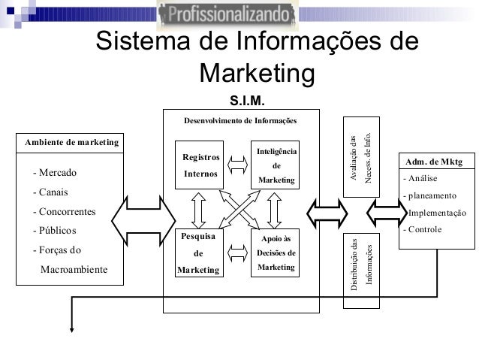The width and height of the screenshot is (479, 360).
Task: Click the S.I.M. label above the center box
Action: click(247, 99)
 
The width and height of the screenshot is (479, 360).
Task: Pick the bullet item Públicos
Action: click(56, 231)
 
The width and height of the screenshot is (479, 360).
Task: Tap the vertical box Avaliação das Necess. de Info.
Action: click(361, 158)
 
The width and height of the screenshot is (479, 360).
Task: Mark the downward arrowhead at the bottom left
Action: click(72, 325)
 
